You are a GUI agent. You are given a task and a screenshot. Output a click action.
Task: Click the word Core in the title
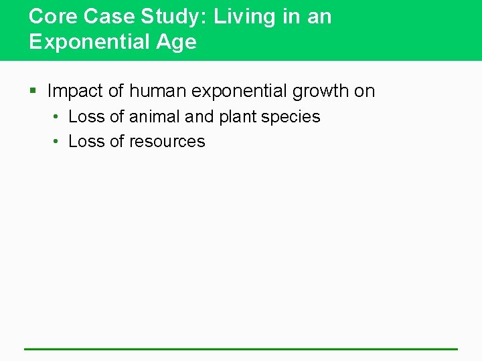coord(50,17)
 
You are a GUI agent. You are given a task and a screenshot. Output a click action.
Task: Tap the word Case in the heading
coord(97,17)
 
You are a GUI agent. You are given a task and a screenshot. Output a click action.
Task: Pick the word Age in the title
coord(176,42)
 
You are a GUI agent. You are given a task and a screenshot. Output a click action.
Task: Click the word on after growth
coord(365,91)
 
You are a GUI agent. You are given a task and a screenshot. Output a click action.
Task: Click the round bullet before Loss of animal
coord(57,117)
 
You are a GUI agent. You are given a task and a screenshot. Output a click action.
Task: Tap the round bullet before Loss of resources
coord(57,142)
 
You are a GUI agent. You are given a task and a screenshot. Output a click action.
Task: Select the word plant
coord(238,117)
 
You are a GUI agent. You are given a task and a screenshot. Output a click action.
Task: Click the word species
coord(291,117)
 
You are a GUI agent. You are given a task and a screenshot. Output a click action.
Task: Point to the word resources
coord(167,142)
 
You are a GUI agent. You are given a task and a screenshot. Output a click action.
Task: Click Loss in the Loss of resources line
coord(86,142)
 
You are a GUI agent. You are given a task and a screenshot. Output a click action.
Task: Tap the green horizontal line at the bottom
coord(241,349)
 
